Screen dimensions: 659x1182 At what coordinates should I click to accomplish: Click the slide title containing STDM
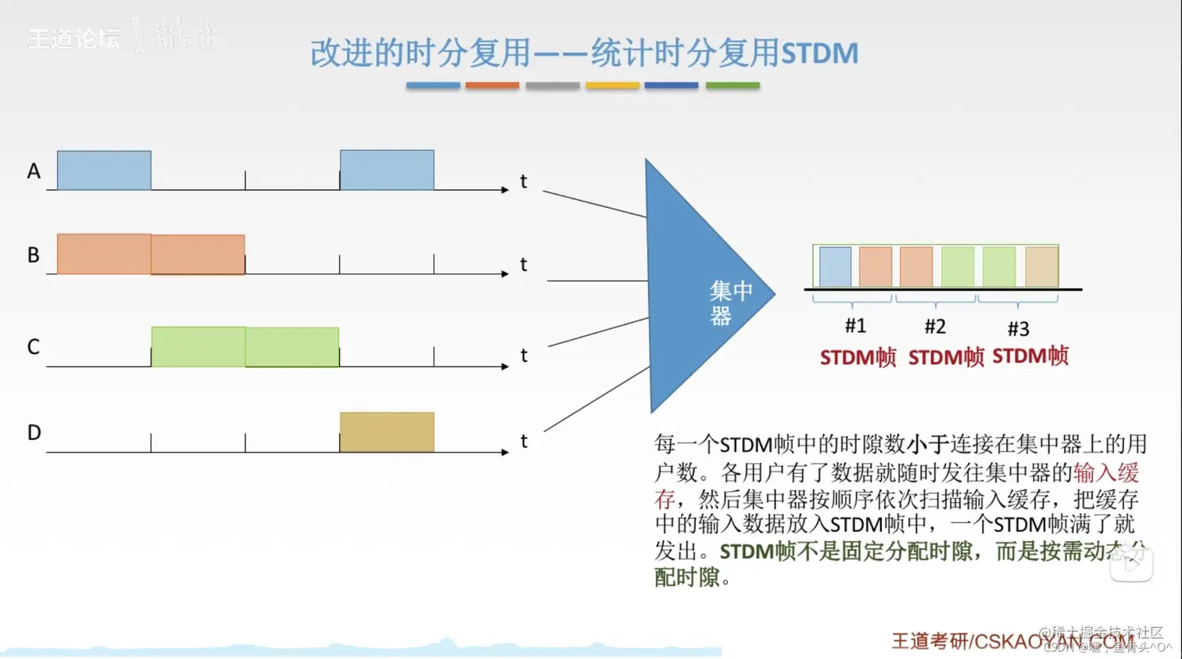point(584,53)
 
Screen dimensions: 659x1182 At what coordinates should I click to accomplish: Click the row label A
point(34,171)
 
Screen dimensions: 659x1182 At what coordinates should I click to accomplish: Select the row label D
point(34,432)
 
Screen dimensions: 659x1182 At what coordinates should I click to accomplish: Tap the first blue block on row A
point(104,170)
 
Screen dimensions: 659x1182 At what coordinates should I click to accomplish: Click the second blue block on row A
point(387,170)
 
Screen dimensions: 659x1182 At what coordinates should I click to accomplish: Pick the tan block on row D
point(387,432)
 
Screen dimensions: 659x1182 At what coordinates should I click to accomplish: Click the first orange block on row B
point(104,254)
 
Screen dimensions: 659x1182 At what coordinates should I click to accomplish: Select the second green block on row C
point(292,347)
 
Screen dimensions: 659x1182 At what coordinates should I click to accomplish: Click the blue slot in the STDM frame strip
point(835,267)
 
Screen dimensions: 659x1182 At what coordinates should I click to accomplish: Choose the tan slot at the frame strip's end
point(1041,267)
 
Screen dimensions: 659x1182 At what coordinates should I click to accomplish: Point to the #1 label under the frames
point(855,325)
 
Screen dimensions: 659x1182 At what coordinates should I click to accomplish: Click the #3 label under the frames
point(1018,328)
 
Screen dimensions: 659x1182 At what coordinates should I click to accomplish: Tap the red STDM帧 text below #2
point(946,358)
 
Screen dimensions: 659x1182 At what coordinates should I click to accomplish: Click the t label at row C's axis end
point(524,356)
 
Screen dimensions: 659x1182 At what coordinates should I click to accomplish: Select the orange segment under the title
point(492,85)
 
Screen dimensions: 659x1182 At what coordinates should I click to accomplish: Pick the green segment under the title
point(732,85)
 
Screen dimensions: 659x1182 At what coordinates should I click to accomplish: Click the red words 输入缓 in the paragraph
point(1105,472)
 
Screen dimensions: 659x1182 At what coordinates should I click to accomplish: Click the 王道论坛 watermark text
point(73,38)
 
